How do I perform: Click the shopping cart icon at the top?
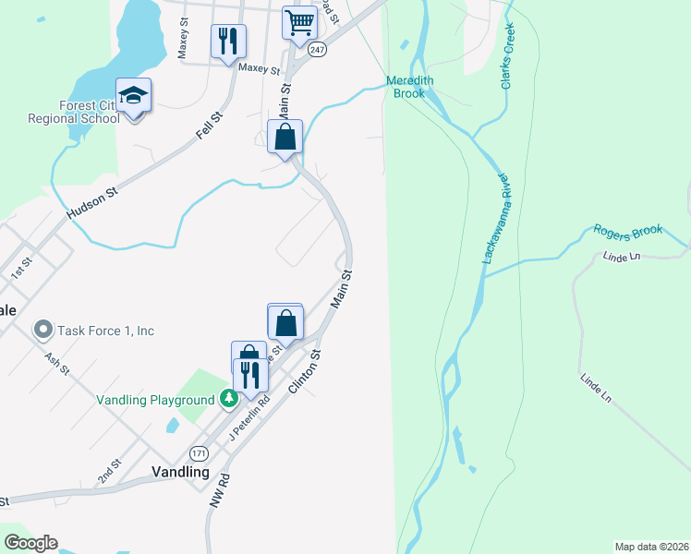[x=299, y=22]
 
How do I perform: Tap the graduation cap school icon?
[x=134, y=96]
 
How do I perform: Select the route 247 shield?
[x=317, y=50]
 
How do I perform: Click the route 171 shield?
[x=199, y=453]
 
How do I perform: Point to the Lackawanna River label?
[x=496, y=217]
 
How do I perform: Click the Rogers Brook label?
[x=628, y=231]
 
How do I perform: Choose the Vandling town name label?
[x=180, y=471]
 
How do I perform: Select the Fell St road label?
[x=211, y=126]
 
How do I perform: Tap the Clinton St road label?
[x=304, y=372]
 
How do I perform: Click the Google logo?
[x=30, y=543]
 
